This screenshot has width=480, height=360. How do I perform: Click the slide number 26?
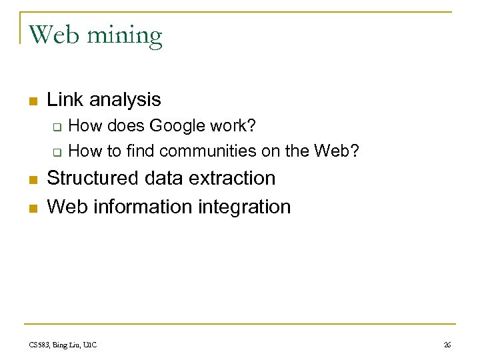click(x=447, y=345)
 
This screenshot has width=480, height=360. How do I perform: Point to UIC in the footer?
click(x=89, y=345)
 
